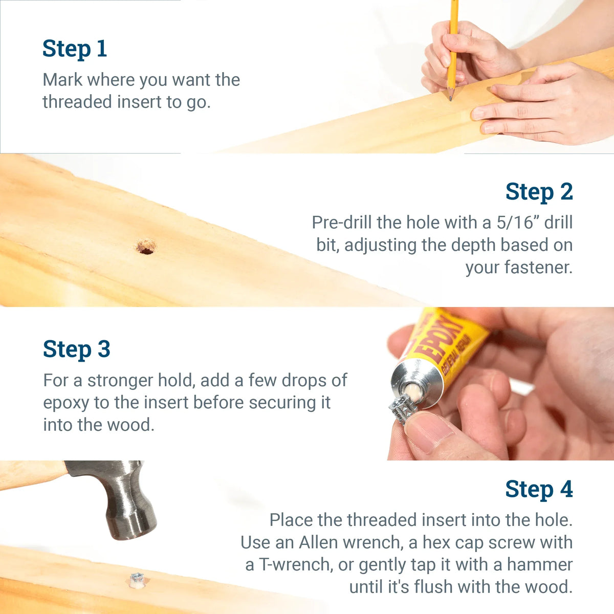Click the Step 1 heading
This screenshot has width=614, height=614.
(75, 49)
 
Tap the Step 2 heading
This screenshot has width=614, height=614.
(539, 192)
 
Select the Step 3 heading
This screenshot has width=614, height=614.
(76, 349)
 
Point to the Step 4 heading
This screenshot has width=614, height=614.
(539, 489)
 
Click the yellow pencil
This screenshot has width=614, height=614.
(452, 46)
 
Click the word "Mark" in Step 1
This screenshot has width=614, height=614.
(62, 80)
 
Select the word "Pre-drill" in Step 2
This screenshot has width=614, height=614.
(342, 223)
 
